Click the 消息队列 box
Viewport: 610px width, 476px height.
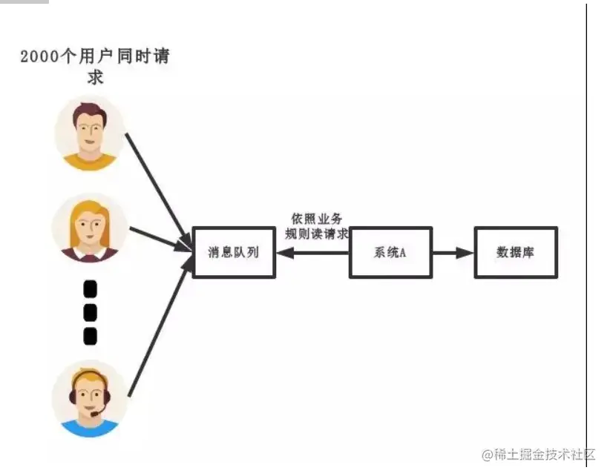coord(234,252)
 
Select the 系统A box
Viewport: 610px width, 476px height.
coord(390,252)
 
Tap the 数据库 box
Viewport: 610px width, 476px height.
coord(516,252)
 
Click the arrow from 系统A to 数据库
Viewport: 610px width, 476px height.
coord(453,252)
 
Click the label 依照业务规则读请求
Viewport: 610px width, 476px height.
coord(317,226)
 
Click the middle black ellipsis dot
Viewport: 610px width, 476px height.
coord(91,312)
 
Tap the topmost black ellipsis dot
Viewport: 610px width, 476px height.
coord(91,288)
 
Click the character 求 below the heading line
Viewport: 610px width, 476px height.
coord(95,76)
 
